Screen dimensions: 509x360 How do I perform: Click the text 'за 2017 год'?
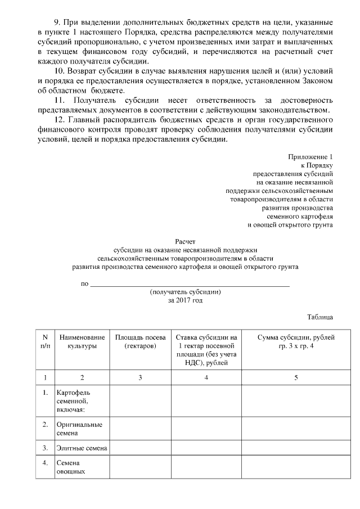(185, 300)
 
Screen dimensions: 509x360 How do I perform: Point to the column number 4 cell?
(206, 377)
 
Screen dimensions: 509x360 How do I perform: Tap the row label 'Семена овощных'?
(71, 467)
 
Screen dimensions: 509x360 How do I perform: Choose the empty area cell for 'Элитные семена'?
(140, 448)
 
